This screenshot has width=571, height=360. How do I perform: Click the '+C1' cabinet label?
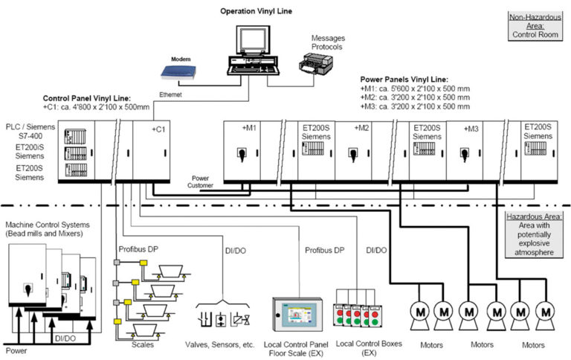coord(158,129)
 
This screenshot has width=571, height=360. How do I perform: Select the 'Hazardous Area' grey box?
coord(530,234)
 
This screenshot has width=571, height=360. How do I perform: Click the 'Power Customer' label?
coord(201,181)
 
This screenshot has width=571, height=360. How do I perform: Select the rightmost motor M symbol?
coord(546,312)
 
